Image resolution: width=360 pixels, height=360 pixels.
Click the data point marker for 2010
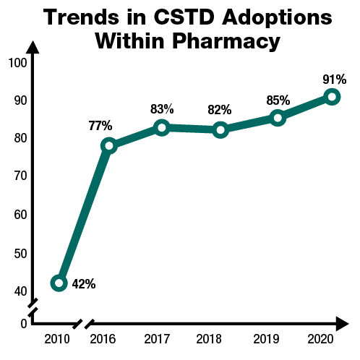point(60,283)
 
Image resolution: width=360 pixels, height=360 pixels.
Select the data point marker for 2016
point(108,145)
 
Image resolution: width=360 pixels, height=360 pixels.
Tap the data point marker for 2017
point(162,128)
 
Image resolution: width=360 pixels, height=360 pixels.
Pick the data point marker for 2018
point(220,130)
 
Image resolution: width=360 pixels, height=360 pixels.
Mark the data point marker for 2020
point(332,97)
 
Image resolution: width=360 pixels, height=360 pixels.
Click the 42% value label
point(84,283)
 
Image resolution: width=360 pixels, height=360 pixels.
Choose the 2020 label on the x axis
point(332,338)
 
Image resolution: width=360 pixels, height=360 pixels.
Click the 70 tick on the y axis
point(20,176)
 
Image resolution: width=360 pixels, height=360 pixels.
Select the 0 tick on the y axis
point(23,323)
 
